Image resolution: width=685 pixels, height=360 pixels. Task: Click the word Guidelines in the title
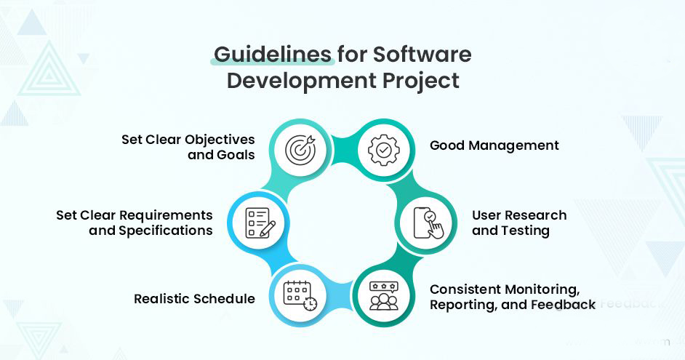(x=272, y=55)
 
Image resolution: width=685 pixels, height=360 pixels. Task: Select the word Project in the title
(x=421, y=81)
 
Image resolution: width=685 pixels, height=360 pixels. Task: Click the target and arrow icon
(x=300, y=149)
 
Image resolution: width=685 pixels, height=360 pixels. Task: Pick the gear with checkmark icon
(x=383, y=150)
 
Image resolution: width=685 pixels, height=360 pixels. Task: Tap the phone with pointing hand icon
(x=428, y=223)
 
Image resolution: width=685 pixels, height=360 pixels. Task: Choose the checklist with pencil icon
(x=260, y=223)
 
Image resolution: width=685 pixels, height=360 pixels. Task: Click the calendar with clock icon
(x=300, y=296)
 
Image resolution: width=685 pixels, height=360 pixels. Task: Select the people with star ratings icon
(x=383, y=296)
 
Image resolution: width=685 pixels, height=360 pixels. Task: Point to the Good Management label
(x=494, y=146)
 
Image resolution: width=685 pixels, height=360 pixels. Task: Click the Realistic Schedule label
(x=194, y=299)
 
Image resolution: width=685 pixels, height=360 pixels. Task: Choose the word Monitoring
(x=542, y=289)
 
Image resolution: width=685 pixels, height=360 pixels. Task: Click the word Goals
(x=239, y=155)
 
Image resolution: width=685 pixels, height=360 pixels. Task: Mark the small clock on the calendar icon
(x=311, y=304)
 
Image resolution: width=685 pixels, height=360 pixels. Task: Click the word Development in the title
(x=302, y=81)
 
